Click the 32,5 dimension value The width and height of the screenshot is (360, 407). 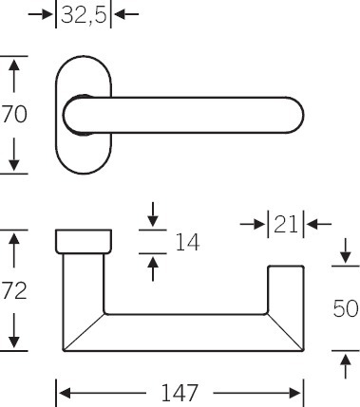(x=84, y=14)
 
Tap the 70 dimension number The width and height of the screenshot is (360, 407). (x=14, y=115)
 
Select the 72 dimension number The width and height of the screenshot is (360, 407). (x=14, y=291)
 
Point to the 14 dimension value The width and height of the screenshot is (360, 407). (x=187, y=242)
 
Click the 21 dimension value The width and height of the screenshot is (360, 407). (x=286, y=224)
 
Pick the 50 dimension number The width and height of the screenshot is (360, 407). (x=346, y=308)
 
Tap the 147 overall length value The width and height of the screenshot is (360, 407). (x=180, y=393)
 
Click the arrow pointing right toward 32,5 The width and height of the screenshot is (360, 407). (x=41, y=14)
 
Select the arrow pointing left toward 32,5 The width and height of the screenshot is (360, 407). (x=126, y=14)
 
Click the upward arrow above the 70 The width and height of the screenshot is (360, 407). (x=14, y=75)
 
